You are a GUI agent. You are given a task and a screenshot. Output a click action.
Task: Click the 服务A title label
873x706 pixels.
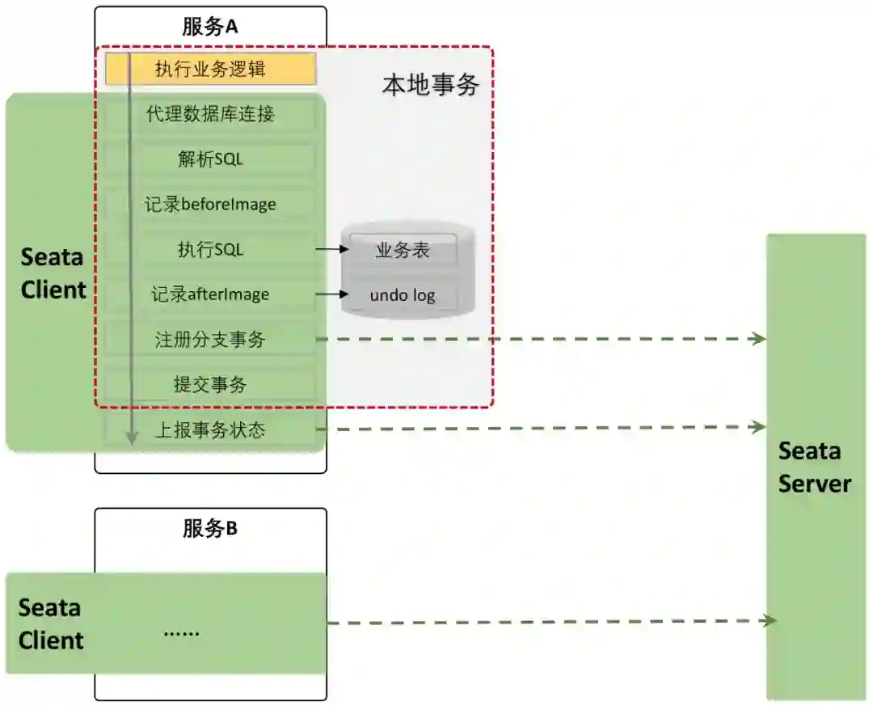pyautogui.click(x=210, y=26)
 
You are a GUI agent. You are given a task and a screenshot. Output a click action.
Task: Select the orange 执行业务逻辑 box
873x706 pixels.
pyautogui.click(x=210, y=70)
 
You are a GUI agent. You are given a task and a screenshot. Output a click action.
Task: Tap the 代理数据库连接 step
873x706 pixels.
pyautogui.click(x=210, y=114)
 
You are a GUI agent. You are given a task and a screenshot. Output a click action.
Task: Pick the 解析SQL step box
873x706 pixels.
pyautogui.click(x=210, y=159)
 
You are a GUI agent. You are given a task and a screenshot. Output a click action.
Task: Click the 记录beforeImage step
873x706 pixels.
pyautogui.click(x=210, y=205)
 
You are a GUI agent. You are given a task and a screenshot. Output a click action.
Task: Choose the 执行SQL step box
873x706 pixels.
pyautogui.click(x=210, y=250)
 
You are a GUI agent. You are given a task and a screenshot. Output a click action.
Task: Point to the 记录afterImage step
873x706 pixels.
pyautogui.click(x=210, y=294)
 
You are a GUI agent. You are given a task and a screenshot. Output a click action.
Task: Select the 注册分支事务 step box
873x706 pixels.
pyautogui.click(x=210, y=340)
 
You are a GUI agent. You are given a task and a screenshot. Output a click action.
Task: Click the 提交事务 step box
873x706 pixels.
pyautogui.click(x=210, y=385)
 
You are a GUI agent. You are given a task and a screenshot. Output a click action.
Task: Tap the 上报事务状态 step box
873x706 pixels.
pyautogui.click(x=210, y=430)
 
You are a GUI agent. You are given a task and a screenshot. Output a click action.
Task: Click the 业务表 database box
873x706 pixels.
pyautogui.click(x=403, y=251)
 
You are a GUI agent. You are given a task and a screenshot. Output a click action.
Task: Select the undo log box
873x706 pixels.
pyautogui.click(x=403, y=295)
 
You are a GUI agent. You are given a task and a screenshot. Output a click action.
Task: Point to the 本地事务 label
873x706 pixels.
pyautogui.click(x=430, y=85)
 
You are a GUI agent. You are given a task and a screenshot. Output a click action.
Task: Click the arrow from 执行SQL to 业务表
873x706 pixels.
pyautogui.click(x=331, y=250)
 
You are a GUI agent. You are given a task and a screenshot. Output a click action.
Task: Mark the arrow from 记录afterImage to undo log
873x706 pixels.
pyautogui.click(x=331, y=294)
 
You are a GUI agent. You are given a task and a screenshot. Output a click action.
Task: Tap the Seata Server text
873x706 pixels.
pyautogui.click(x=814, y=467)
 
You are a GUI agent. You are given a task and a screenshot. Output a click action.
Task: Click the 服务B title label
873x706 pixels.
pyautogui.click(x=210, y=529)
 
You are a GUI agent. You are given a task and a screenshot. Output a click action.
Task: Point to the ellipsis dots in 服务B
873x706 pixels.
pyautogui.click(x=181, y=632)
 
